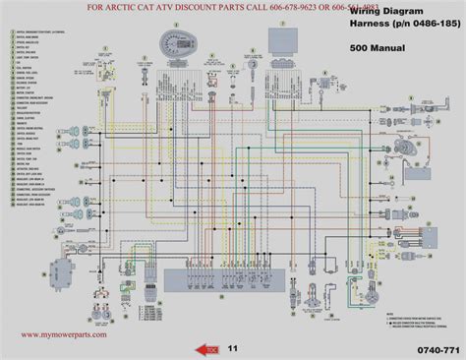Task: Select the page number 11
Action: pos(232,347)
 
